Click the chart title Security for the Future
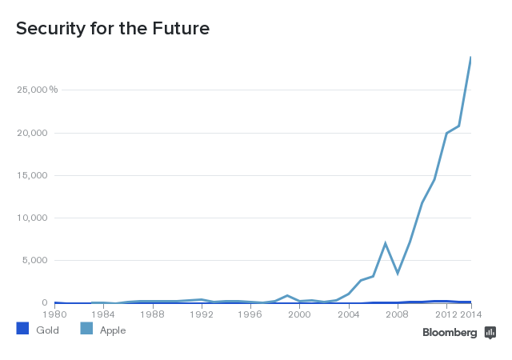[113, 30]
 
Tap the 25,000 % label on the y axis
[37, 90]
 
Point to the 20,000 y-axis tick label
[33, 133]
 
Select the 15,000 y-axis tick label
[33, 175]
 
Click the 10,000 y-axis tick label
[33, 218]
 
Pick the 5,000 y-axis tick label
[35, 260]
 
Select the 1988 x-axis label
[153, 314]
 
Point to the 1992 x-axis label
[202, 314]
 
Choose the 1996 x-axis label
[250, 314]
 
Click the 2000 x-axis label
[299, 314]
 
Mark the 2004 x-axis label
[348, 314]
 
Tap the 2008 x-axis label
[397, 314]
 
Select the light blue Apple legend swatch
[86, 329]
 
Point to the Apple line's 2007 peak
[385, 243]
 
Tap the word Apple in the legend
[112, 330]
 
